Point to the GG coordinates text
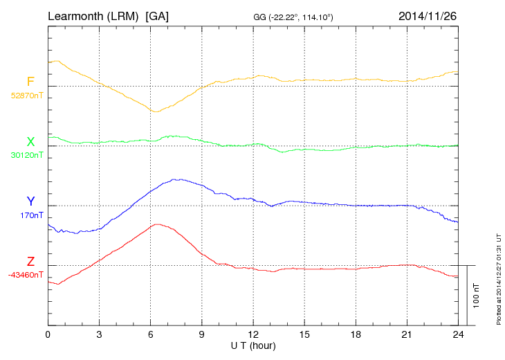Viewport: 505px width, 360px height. coord(294,17)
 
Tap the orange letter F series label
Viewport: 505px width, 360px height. coord(30,82)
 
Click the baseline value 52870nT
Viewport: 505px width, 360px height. coord(26,96)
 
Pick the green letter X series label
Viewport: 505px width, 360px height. coord(30,142)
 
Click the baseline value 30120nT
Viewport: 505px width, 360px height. coord(26,155)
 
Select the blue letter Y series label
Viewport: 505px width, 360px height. coord(30,201)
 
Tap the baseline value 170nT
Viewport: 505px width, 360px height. coord(31,215)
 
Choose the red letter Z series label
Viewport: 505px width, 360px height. coord(30,262)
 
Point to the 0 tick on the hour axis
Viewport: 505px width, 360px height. coord(48,334)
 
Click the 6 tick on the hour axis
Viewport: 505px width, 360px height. coord(150,334)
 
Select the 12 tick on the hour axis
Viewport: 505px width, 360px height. coord(253,334)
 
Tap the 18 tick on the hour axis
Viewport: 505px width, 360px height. coord(356,334)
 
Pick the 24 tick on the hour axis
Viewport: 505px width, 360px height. coord(458,334)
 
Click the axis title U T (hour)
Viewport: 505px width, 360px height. coord(253,345)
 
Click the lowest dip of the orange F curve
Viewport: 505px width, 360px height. coord(155,111)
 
